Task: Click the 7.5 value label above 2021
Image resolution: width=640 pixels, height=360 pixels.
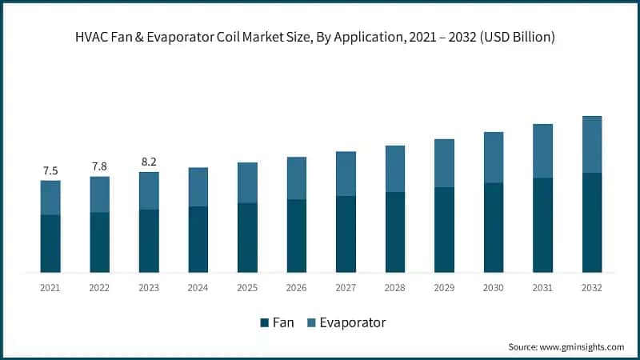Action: (x=50, y=170)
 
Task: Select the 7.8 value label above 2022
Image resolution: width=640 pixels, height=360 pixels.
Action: (x=99, y=166)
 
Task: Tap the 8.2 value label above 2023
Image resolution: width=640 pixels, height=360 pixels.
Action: (x=149, y=161)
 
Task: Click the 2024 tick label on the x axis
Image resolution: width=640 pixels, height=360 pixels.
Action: (x=198, y=287)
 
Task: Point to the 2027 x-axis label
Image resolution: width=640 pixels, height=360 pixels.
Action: (x=346, y=287)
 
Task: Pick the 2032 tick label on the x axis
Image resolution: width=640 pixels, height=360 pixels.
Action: (x=592, y=287)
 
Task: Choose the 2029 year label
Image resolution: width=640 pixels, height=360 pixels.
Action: (x=444, y=287)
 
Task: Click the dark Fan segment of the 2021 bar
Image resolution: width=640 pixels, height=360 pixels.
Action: (x=50, y=243)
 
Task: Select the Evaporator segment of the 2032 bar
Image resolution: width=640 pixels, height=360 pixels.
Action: (x=592, y=145)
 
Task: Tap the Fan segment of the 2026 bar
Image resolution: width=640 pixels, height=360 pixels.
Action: (x=297, y=236)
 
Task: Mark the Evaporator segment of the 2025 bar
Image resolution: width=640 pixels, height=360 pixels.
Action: (x=247, y=182)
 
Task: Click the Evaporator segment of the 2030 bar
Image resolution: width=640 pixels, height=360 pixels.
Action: (x=494, y=158)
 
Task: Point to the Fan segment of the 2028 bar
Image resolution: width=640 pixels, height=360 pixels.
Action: (x=395, y=232)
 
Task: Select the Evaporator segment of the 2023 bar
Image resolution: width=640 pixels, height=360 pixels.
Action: (x=149, y=190)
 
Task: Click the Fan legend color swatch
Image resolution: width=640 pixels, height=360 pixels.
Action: (x=264, y=323)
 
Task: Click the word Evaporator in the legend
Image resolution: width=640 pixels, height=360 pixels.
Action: (x=352, y=323)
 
